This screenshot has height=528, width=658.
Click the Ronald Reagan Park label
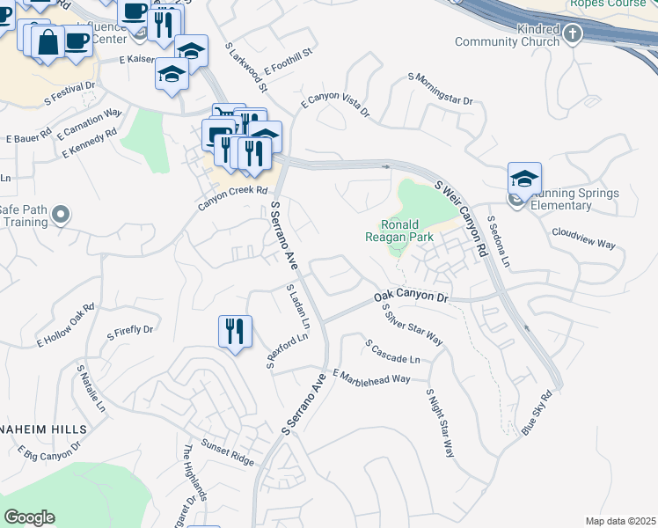(x=406, y=231)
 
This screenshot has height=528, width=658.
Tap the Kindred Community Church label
(x=508, y=36)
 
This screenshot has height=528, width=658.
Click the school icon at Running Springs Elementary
(x=524, y=180)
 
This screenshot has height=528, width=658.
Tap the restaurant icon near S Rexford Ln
(x=235, y=332)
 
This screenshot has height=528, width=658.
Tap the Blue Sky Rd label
(x=542, y=412)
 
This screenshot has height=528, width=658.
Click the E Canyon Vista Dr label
(x=335, y=104)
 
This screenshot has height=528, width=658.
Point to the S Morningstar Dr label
(x=440, y=89)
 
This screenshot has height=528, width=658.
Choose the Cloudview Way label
(x=583, y=238)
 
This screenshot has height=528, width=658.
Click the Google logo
(x=29, y=517)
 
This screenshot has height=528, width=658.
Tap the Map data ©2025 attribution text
(x=620, y=521)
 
